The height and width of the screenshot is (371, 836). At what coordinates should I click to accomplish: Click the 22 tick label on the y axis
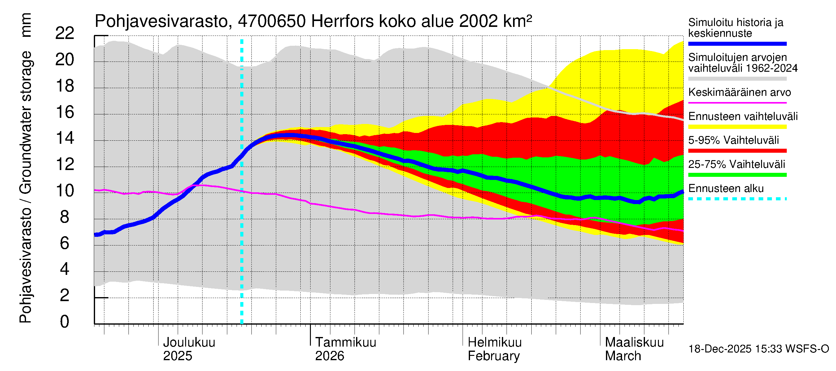65,33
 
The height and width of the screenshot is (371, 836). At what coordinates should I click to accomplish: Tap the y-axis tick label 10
65,190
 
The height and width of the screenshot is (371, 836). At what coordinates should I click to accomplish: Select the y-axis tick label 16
65,112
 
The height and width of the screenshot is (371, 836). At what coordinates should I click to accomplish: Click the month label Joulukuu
189,342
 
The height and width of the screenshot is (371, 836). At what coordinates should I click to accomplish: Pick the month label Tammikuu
345,342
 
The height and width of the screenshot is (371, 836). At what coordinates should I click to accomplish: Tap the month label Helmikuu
494,342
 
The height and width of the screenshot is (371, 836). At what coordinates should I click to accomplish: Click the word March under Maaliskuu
623,356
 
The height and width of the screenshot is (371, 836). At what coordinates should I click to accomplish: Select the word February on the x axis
493,356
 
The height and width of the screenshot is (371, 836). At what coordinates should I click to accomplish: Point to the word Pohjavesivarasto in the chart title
161,21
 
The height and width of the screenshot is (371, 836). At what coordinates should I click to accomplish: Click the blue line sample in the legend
737,44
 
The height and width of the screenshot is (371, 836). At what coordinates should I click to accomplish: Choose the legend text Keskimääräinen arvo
739,92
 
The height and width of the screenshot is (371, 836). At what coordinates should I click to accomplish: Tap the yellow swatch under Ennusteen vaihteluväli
737,127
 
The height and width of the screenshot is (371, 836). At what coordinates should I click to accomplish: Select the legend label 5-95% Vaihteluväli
734,140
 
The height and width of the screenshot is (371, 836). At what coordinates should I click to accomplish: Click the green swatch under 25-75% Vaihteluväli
737,175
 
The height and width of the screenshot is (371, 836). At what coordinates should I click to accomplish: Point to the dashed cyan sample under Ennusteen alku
737,198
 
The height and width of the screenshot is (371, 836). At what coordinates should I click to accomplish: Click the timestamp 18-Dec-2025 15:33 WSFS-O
758,349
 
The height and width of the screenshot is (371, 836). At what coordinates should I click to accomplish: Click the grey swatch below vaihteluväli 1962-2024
737,79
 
